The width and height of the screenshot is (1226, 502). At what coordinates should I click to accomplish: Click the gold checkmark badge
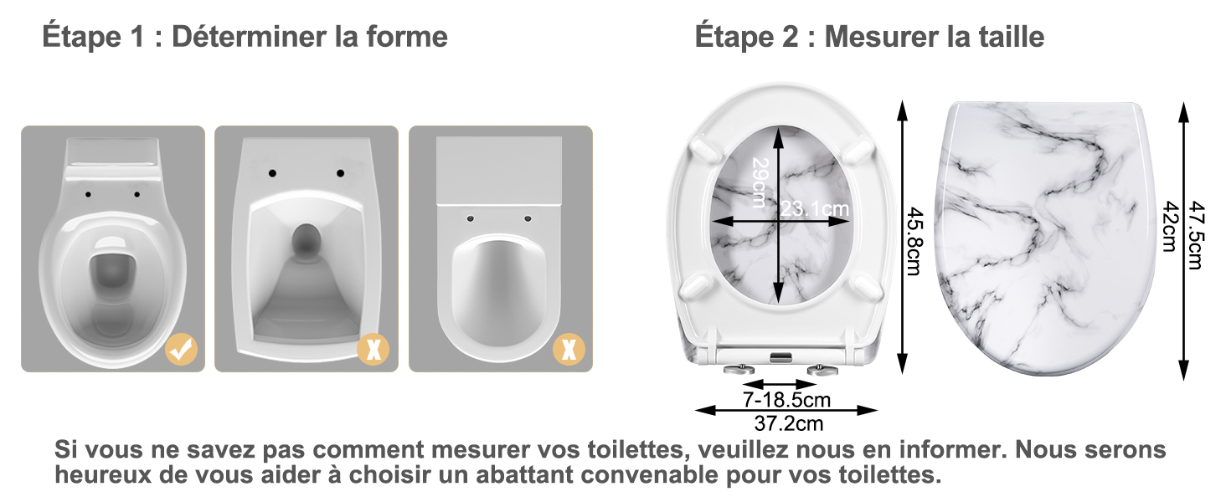coord(182,350)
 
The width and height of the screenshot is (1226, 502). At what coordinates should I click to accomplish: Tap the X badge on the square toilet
coord(373,350)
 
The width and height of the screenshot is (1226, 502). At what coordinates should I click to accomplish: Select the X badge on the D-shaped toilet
coord(569,350)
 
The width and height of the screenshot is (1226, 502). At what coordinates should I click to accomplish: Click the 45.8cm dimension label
coord(915,241)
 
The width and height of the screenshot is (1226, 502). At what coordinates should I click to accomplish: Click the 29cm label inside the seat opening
coord(760,182)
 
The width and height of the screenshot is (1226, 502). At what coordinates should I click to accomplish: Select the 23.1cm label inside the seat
coord(815,208)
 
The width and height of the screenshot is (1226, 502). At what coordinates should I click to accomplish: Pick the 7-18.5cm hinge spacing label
coord(786,400)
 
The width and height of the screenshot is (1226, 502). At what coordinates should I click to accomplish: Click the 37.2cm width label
coord(789,423)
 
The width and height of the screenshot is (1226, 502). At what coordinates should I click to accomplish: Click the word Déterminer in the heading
coord(249,37)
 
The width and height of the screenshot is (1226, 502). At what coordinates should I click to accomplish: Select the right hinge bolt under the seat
coord(822,370)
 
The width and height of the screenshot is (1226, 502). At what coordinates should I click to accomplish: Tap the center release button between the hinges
coord(781,357)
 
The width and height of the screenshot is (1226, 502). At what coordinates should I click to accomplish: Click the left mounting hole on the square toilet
coord(272,173)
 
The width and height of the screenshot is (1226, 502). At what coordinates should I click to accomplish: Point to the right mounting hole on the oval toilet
coord(137,194)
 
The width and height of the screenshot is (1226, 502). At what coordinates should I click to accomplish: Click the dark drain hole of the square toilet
coord(306,241)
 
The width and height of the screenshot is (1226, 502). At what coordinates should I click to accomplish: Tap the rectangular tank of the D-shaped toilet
coord(499,171)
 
